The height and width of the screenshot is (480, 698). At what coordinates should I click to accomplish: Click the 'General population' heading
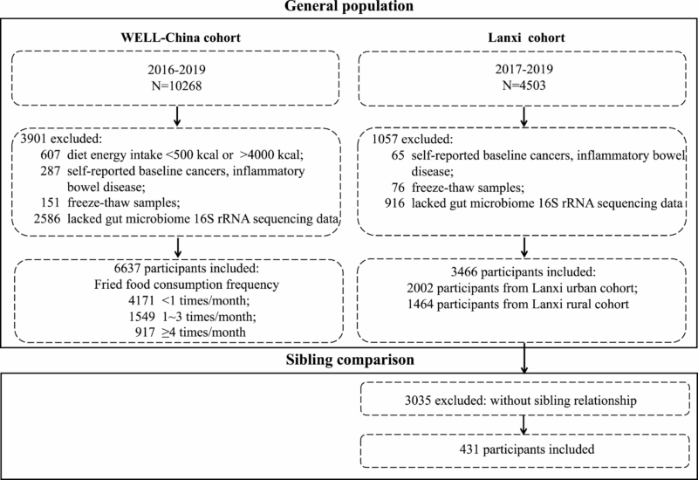(349, 6)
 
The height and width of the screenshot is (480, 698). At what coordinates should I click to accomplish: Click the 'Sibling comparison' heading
(350, 360)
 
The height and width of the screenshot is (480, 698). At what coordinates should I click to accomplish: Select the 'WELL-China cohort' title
(181, 38)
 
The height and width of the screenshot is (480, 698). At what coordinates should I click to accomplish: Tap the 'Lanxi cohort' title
(526, 38)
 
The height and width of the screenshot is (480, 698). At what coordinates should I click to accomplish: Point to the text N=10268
(177, 86)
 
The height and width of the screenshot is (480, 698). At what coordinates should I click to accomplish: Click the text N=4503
(524, 85)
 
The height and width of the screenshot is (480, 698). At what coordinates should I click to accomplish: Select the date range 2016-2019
(177, 70)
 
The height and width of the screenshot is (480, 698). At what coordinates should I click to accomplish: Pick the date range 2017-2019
(524, 69)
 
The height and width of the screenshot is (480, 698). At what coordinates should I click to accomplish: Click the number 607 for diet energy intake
(50, 155)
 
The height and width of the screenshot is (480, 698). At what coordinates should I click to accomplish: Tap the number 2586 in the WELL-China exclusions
(47, 219)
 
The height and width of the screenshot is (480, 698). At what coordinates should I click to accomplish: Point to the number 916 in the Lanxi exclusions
(395, 203)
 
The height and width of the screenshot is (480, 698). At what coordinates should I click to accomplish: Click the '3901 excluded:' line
(61, 139)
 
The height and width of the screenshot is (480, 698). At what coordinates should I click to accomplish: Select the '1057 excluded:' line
(412, 140)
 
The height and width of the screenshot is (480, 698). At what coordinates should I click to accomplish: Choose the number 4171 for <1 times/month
(141, 300)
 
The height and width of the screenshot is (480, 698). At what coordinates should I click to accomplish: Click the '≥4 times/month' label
(203, 333)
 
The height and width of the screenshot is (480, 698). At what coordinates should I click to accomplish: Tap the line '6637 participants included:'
(187, 268)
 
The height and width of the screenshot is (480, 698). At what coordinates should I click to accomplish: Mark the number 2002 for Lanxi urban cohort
(420, 288)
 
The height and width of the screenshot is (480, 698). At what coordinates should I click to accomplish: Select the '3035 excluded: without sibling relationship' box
(521, 401)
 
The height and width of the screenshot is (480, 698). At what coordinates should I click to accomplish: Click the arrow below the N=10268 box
(177, 117)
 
